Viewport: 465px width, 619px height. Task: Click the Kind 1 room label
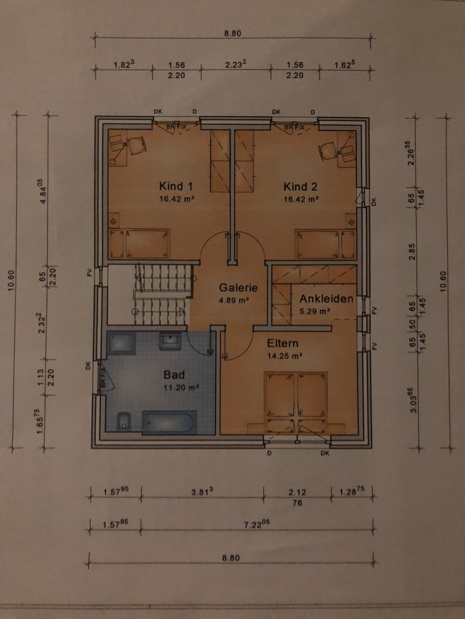point(176,186)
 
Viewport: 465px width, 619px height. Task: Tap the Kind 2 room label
point(301,187)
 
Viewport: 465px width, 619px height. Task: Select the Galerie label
point(238,288)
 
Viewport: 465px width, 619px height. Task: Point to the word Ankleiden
point(326,299)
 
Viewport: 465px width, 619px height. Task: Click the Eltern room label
point(283,343)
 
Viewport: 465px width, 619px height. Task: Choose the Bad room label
point(174,375)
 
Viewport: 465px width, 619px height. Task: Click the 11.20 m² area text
point(181,387)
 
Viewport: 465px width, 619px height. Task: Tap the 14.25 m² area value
point(285,356)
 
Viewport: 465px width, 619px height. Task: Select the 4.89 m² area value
point(234,301)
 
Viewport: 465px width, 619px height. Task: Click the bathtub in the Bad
point(170,422)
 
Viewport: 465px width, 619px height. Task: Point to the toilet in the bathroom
point(124,422)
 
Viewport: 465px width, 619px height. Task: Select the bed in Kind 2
point(325,244)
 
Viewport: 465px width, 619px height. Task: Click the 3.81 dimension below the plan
point(202,492)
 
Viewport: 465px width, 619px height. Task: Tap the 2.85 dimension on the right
point(412,251)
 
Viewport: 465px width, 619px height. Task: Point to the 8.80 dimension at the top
point(233,33)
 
